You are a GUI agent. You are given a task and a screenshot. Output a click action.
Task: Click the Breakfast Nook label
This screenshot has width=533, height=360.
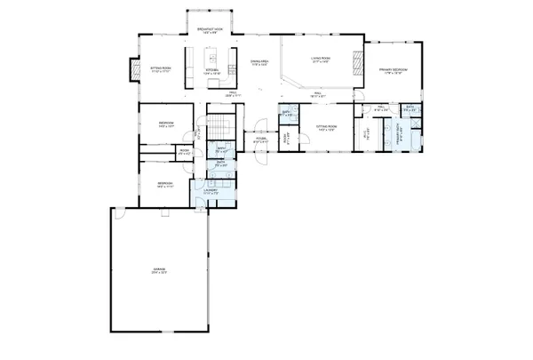click(211, 30)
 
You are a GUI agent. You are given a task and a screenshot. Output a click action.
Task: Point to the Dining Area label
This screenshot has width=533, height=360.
click(259, 62)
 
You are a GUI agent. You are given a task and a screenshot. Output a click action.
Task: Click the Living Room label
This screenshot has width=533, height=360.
click(321, 60)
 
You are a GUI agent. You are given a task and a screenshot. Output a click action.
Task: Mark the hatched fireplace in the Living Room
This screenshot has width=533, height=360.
click(359, 63)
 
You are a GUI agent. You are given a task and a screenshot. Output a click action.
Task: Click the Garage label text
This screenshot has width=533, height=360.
click(158, 271)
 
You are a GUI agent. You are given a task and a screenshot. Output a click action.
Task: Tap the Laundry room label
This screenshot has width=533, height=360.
click(211, 190)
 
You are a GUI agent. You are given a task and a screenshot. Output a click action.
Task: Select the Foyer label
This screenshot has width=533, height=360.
click(262, 140)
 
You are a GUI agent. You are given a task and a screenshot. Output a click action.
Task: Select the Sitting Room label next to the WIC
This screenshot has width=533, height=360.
click(327, 129)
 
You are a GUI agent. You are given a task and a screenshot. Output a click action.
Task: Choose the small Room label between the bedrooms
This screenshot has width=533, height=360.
click(185, 152)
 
